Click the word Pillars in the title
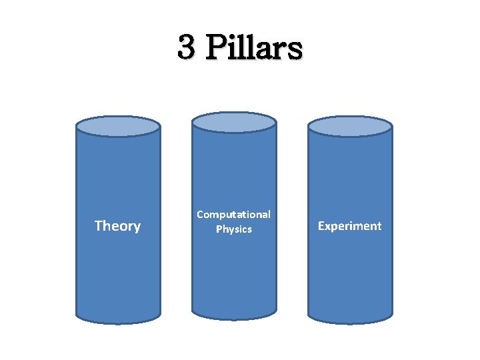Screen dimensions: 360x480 [x=253, y=48]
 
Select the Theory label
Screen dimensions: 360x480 [x=117, y=226]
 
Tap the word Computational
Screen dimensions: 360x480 [x=233, y=215]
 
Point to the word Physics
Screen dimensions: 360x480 [x=234, y=229]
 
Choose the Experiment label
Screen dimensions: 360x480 [x=349, y=226]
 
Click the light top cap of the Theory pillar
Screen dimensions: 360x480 [x=118, y=126]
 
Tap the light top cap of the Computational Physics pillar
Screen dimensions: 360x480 [x=234, y=122]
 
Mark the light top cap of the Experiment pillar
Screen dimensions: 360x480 [x=350, y=126]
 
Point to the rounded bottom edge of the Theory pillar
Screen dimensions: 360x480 [x=118, y=320]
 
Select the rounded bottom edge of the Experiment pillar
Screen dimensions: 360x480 [x=350, y=320]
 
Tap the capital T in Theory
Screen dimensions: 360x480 [x=99, y=226]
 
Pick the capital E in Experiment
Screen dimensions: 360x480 [x=321, y=226]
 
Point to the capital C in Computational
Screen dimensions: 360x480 [x=200, y=215]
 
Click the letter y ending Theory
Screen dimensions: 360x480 [x=137, y=227]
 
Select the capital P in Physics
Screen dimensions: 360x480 [x=219, y=229]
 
